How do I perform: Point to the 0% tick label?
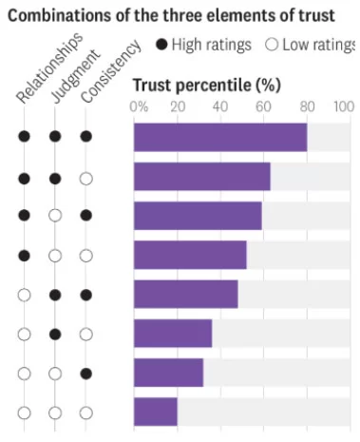(139, 106)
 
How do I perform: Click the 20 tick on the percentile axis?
(177, 106)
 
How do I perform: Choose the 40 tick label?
(219, 106)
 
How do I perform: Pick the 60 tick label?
(263, 106)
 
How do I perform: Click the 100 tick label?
(345, 106)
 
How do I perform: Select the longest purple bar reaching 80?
(219, 137)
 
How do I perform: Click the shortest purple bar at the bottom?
(155, 412)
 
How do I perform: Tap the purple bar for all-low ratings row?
(155, 412)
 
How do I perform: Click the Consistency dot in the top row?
(86, 137)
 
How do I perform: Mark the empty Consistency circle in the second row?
(86, 177)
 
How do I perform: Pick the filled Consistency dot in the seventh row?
(86, 373)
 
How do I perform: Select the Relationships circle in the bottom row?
(25, 413)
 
